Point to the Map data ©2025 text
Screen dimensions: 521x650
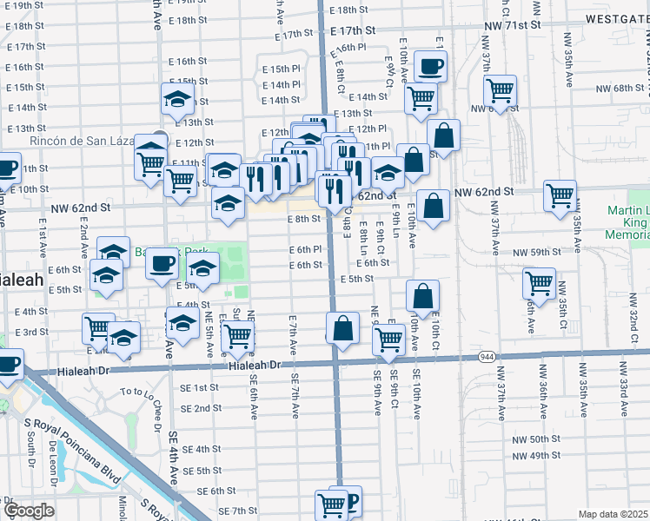pyautogui.click(x=613, y=514)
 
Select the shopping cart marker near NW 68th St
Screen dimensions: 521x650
pyautogui.click(x=500, y=89)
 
